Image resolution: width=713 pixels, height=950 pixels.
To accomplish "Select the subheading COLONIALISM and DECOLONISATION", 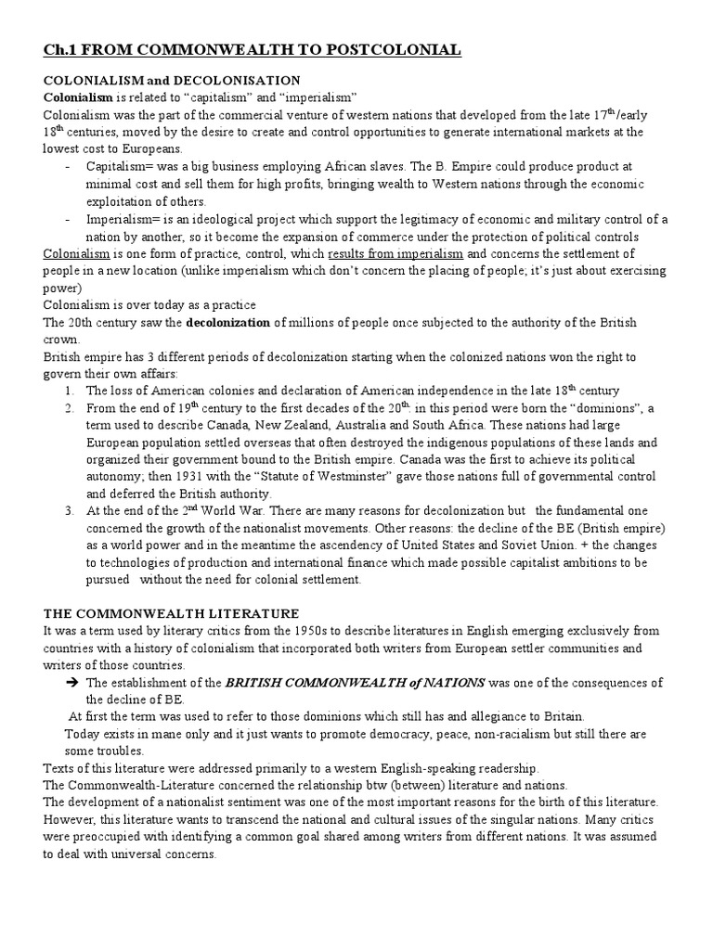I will coord(172,81).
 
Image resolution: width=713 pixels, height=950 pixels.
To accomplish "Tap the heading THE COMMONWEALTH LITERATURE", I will coord(172,613).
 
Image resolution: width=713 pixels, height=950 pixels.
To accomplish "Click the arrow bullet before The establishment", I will coord(71,683).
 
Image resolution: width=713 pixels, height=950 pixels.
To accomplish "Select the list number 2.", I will coord(70,407).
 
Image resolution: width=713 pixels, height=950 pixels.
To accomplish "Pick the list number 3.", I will coord(70,510).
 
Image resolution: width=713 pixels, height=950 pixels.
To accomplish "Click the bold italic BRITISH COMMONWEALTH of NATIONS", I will coord(356,682).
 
